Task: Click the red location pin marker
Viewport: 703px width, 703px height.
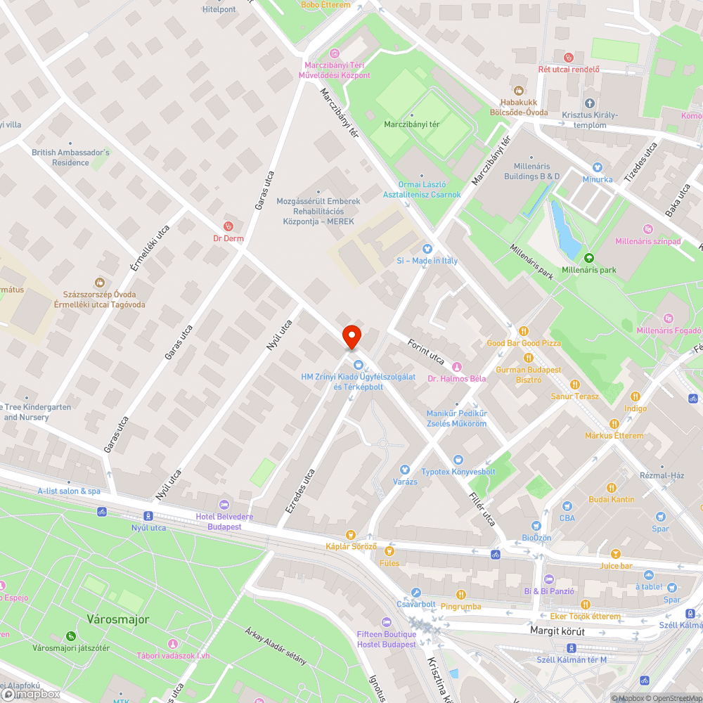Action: (351, 337)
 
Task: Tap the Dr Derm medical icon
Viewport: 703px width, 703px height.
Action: (228, 226)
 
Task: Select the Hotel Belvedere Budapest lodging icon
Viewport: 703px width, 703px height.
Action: (224, 505)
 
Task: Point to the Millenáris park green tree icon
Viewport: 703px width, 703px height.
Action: (588, 258)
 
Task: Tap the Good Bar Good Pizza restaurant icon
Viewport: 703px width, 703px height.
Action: (523, 331)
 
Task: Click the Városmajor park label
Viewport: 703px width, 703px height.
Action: (118, 619)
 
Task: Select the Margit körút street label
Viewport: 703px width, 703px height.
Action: (557, 631)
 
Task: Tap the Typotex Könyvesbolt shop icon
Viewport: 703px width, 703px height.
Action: (458, 459)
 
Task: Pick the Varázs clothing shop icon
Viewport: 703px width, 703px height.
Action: (404, 470)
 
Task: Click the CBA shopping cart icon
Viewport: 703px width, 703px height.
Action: (567, 506)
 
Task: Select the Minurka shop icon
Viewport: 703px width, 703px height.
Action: (598, 167)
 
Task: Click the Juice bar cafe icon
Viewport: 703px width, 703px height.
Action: (616, 554)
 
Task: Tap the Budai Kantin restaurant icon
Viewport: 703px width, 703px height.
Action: (612, 487)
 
